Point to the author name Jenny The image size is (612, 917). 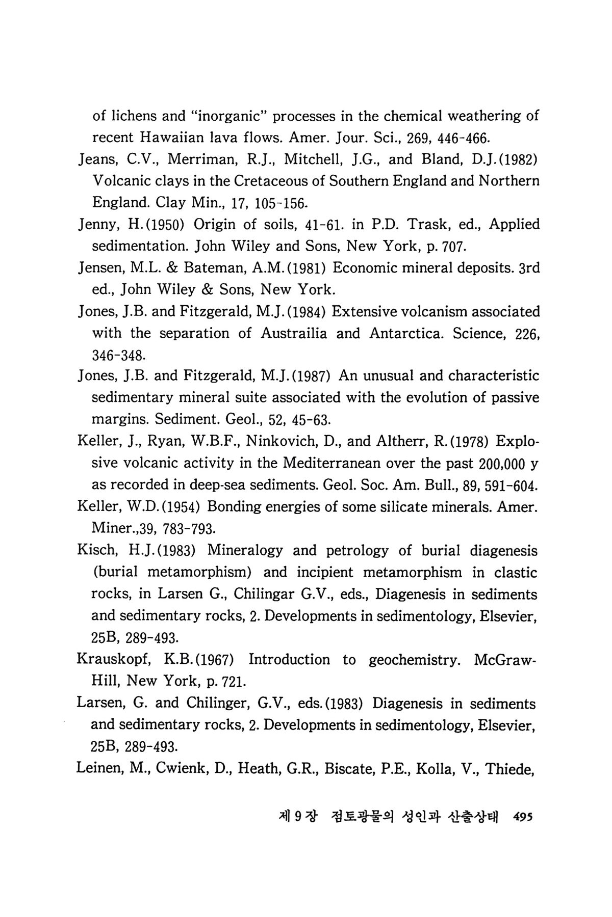point(94,225)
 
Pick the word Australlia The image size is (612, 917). point(294,333)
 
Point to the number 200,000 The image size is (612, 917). point(498,463)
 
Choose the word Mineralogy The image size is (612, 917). point(245,551)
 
